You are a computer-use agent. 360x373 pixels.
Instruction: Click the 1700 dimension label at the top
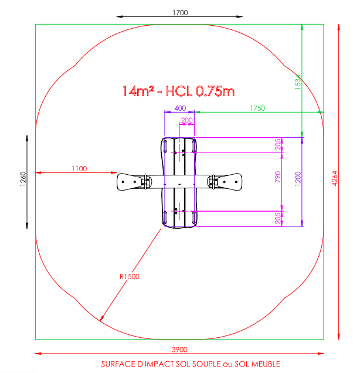coord(180,12)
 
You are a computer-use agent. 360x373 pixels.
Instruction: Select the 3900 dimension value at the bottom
coord(179,350)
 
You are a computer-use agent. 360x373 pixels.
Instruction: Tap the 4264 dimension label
coord(335,178)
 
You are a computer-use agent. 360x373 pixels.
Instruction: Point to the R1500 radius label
coord(130,276)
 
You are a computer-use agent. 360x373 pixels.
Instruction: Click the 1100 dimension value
coord(79,169)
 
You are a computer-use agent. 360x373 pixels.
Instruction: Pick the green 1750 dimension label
coord(257,108)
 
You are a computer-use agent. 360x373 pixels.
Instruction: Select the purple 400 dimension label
coord(180,108)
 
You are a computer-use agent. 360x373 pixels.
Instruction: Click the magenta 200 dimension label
coord(186,120)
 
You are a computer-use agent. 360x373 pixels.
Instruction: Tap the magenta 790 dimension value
coord(277,177)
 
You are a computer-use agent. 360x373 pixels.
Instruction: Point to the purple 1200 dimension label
coord(298,179)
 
